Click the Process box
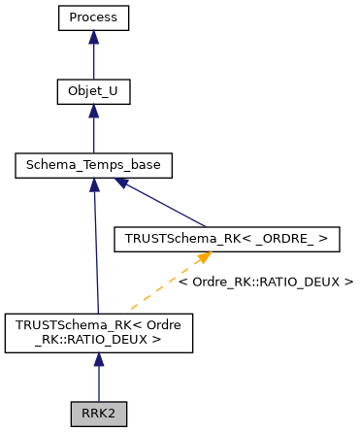click(x=93, y=18)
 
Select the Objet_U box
click(x=93, y=92)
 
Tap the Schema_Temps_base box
click(x=93, y=166)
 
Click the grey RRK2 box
click(x=99, y=413)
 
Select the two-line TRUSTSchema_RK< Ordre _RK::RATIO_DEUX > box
click(x=99, y=332)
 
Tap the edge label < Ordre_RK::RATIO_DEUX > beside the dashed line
click(x=266, y=282)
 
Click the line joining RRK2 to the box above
click(x=99, y=382)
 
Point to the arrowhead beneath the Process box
click(x=93, y=37)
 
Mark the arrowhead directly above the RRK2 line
click(x=99, y=359)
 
